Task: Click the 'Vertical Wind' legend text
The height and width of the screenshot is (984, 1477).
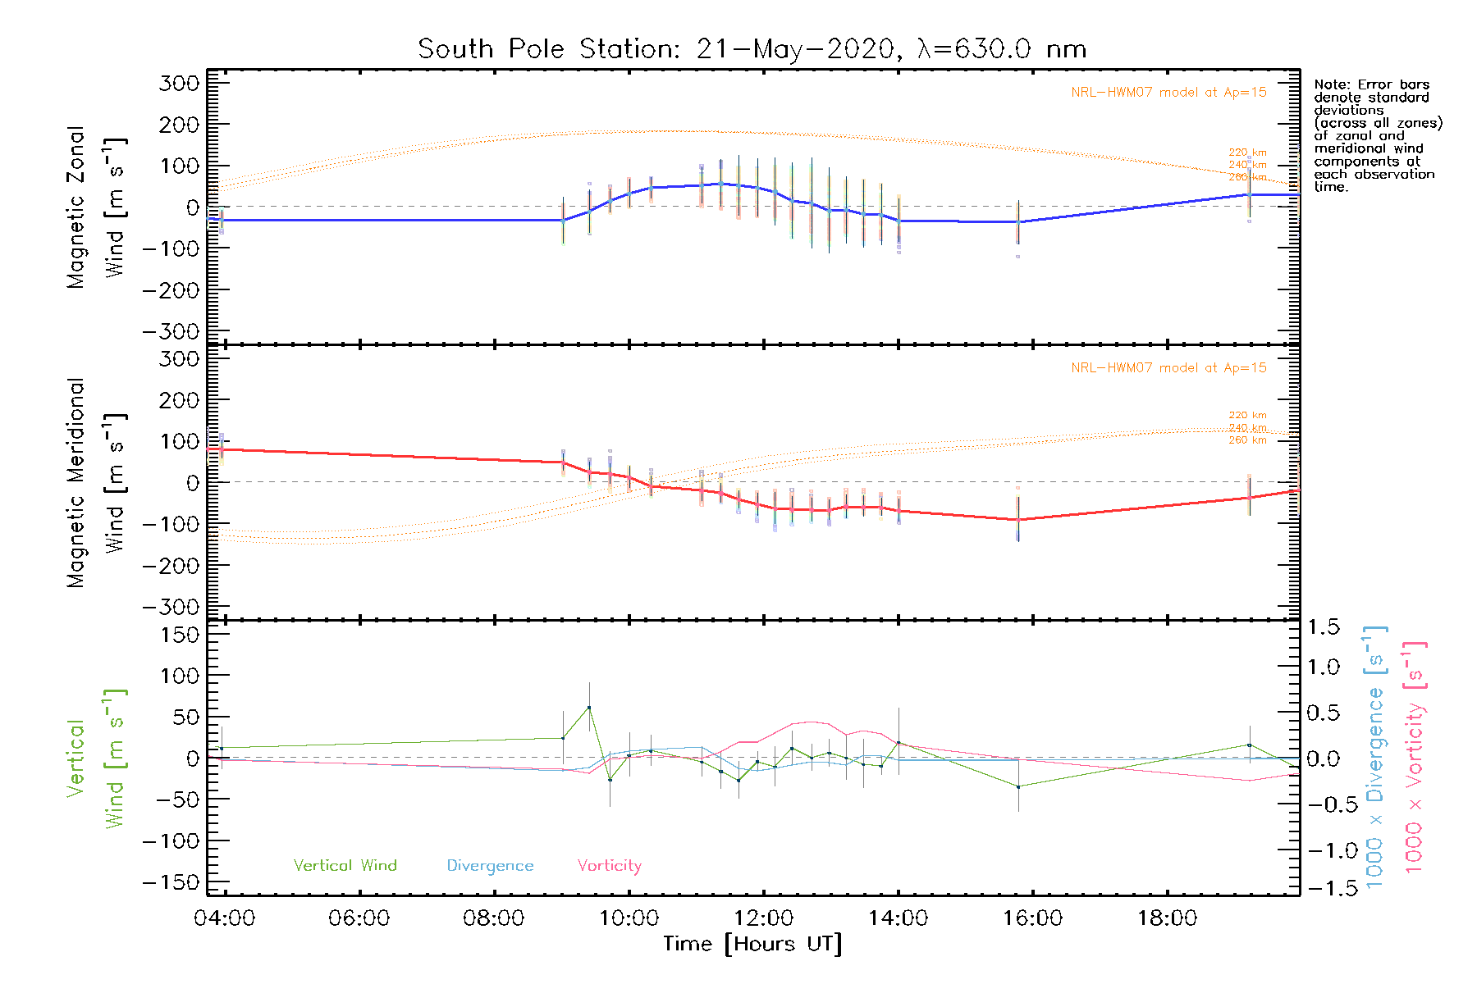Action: point(345,865)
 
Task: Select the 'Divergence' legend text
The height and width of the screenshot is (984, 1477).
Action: point(490,865)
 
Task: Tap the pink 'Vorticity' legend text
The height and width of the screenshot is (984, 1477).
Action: point(609,865)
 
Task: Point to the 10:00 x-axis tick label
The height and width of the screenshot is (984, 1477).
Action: point(629,918)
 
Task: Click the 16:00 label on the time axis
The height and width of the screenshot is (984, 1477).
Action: point(1032,918)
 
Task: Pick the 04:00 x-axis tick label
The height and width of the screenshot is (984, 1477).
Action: point(224,918)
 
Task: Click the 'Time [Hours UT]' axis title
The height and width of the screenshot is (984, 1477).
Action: point(752,944)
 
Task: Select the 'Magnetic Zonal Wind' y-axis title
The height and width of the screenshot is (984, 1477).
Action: point(96,207)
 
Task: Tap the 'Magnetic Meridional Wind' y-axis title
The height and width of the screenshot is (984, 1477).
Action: point(96,483)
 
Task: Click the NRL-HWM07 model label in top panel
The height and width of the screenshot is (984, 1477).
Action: point(1168,93)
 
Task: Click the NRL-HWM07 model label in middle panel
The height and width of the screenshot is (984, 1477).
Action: point(1168,368)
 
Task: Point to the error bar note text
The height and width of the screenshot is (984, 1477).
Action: point(1377,135)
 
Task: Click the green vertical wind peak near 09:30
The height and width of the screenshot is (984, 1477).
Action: point(589,708)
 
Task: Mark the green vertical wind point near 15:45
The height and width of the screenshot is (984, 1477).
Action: point(1018,787)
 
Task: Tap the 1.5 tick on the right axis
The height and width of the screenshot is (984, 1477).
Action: point(1323,627)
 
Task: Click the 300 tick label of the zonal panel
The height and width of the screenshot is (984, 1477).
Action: point(179,83)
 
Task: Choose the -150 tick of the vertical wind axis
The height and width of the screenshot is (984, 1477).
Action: point(171,882)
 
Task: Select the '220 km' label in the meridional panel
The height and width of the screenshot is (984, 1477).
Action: point(1247,415)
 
